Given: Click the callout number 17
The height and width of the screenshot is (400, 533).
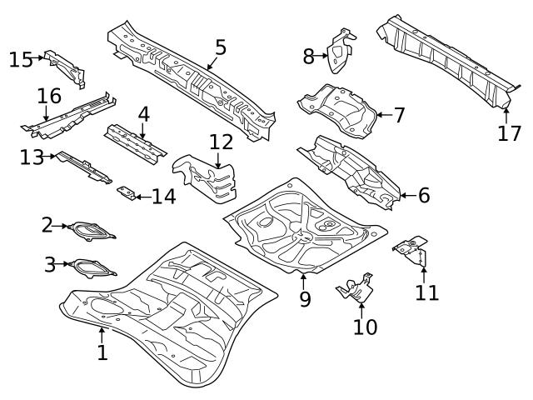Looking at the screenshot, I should (x=509, y=132).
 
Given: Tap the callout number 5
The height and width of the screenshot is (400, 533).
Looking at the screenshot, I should (x=220, y=47).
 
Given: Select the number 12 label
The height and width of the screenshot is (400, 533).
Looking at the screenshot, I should (x=221, y=142).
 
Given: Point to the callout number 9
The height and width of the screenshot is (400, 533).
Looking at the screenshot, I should (x=305, y=298).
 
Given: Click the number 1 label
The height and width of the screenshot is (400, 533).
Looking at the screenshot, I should (x=102, y=352).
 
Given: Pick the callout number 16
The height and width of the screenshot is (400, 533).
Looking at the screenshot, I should (x=49, y=97).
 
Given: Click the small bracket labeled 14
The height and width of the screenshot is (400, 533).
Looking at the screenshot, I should (x=127, y=193).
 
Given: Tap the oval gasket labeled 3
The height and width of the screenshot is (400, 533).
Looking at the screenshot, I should (x=91, y=267).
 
